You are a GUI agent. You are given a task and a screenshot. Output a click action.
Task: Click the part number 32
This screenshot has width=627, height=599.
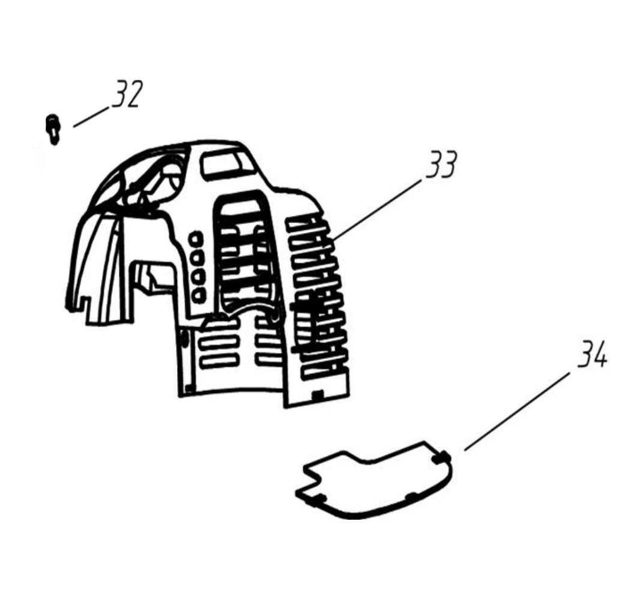click(x=127, y=95)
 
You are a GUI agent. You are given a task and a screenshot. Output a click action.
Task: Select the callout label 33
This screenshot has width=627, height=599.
click(x=441, y=165)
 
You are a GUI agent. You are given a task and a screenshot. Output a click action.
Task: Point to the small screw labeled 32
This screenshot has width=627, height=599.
click(x=52, y=128)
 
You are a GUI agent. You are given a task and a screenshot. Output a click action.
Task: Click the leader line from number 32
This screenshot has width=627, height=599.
click(x=92, y=117)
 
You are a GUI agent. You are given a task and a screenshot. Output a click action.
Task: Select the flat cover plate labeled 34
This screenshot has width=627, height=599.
click(x=378, y=480)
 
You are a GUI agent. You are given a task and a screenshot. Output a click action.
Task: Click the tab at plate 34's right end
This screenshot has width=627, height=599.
click(x=443, y=457)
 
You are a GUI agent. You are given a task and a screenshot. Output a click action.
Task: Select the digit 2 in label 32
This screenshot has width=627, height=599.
click(x=134, y=95)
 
